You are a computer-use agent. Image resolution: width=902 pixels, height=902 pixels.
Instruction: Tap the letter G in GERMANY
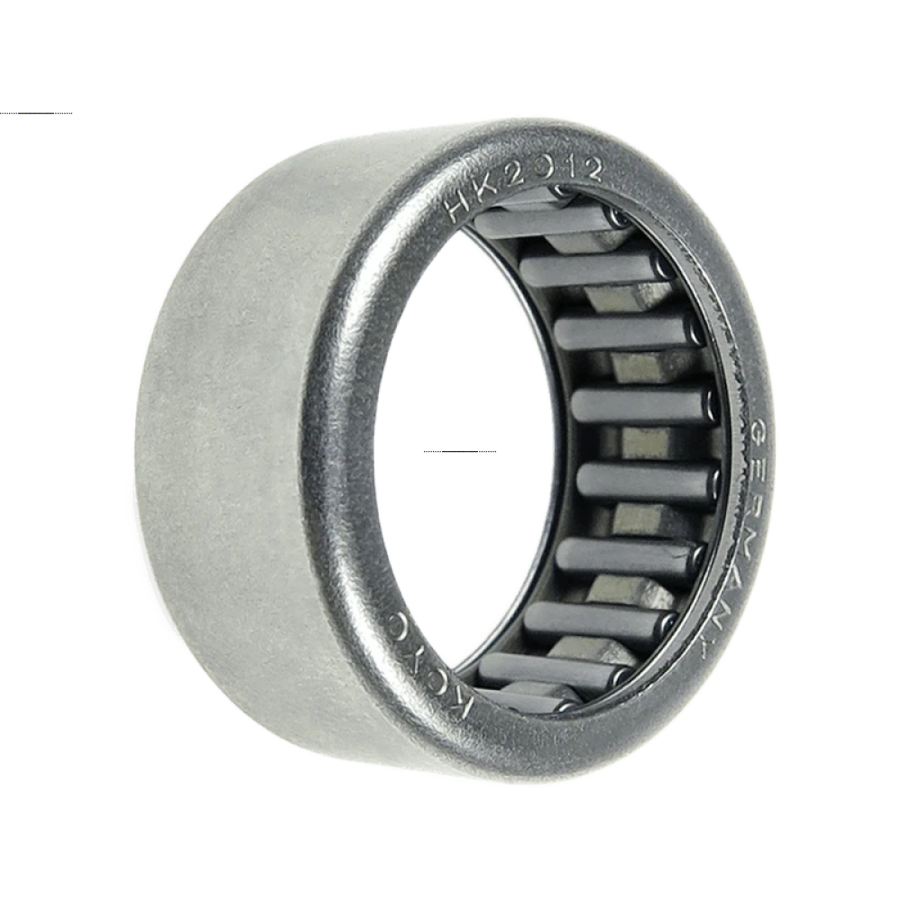761,431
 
